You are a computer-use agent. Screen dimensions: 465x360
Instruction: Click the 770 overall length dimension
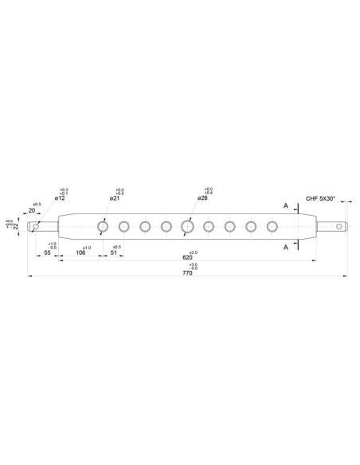189,284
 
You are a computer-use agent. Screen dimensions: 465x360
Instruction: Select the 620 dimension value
187,259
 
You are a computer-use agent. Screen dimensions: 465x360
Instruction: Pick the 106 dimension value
80,252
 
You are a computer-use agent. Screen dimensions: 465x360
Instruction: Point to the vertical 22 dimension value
15,226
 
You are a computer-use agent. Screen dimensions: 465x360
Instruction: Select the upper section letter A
286,205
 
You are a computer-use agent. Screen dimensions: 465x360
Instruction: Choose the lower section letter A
286,247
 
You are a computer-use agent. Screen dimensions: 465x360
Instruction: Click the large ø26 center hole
187,226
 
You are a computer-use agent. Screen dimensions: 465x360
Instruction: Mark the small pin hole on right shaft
341,226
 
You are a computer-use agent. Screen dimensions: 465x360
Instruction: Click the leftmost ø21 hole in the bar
103,226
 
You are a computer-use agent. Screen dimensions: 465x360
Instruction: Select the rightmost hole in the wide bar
272,226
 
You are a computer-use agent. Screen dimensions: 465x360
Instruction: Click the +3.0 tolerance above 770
194,276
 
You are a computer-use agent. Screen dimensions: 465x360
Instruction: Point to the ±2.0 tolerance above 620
194,252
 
